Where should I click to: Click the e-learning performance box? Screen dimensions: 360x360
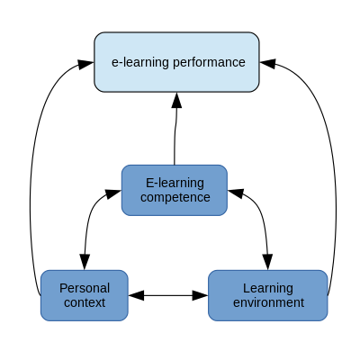[x=176, y=62]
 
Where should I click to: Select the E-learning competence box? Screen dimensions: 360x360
[x=175, y=190]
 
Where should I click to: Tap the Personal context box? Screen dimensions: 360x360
[x=85, y=295]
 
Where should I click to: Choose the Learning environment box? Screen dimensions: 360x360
[x=268, y=295]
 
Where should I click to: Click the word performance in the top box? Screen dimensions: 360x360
[x=209, y=63]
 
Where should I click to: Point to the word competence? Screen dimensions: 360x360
[x=175, y=198]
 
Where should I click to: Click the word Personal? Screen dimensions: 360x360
[x=85, y=288]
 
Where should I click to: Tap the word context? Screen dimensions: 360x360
[x=85, y=302]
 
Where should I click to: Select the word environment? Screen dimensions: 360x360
[x=268, y=302]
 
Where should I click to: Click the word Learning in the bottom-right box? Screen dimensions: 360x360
[x=268, y=289]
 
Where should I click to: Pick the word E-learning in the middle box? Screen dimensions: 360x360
[x=175, y=184]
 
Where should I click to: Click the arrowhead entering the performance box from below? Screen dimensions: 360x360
[x=176, y=100]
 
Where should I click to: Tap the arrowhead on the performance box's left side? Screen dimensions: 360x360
[x=85, y=64]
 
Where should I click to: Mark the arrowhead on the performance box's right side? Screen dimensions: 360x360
[x=267, y=63]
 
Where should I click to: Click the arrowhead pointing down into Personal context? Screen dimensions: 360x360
[x=85, y=262]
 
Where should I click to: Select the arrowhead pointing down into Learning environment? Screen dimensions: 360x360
[x=267, y=262]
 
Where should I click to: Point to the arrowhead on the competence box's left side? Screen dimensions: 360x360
[x=113, y=193]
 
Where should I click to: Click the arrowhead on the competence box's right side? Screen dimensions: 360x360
[x=236, y=193]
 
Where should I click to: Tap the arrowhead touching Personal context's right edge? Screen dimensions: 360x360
[x=137, y=295]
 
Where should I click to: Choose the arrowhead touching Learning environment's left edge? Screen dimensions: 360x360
[x=200, y=295]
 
